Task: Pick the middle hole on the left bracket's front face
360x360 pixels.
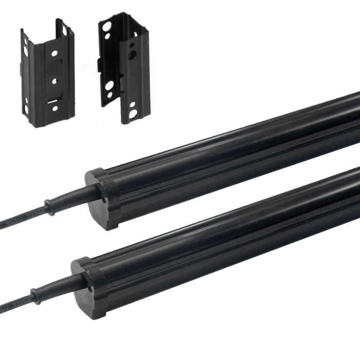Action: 53,80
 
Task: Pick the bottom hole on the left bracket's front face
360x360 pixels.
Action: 53,109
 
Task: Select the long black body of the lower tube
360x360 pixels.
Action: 231,231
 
